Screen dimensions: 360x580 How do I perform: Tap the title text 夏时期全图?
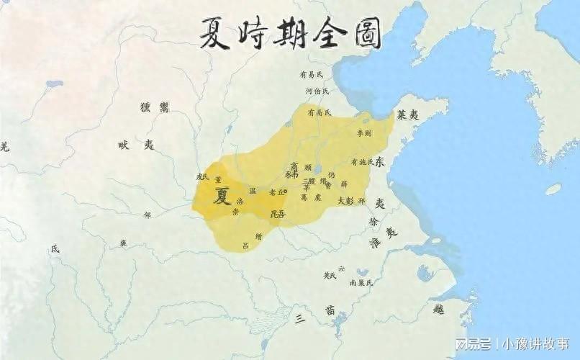point(290,32)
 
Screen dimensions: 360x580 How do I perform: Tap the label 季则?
point(363,134)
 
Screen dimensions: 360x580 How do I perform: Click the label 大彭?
point(345,201)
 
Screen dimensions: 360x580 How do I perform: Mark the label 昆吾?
point(276,214)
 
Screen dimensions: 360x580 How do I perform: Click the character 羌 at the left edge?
point(5,147)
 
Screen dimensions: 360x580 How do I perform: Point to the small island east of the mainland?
point(553,189)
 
